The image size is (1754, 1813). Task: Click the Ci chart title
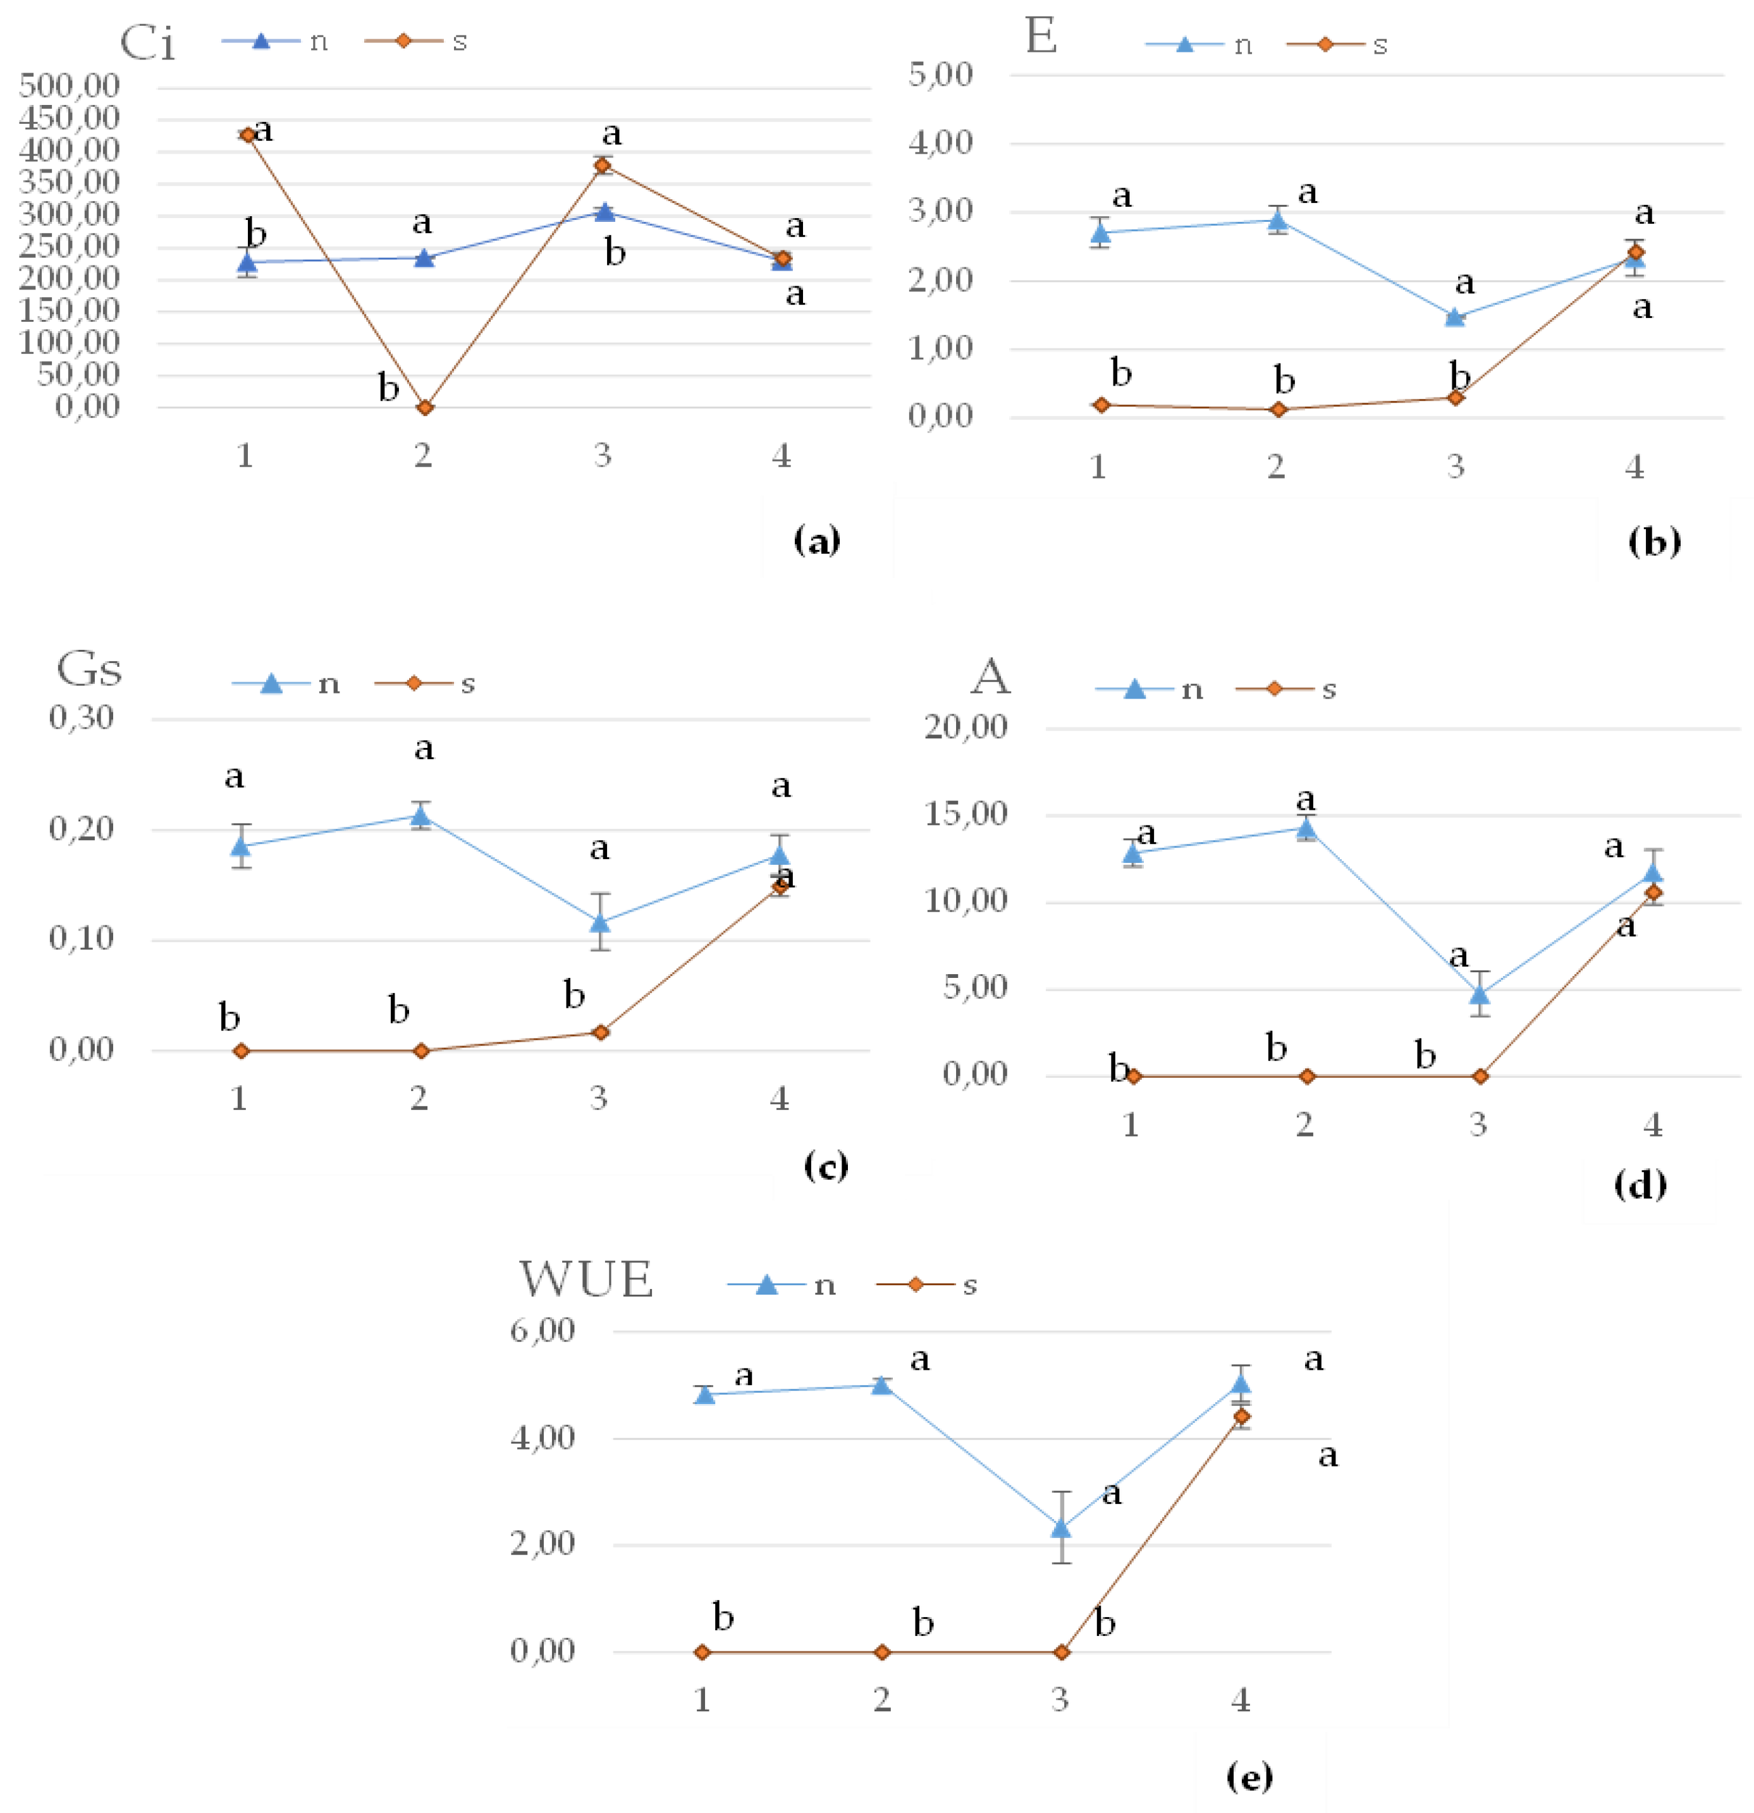(147, 42)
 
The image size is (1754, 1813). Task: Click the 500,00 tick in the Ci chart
(70, 86)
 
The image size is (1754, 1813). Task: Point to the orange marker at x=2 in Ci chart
(425, 407)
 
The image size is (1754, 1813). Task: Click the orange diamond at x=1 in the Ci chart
(247, 135)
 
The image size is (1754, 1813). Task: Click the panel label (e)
(1249, 1776)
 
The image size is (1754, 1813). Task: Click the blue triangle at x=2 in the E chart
(1278, 219)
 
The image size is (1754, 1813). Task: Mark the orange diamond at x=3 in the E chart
(1455, 398)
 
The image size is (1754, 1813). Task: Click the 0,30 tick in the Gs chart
(82, 717)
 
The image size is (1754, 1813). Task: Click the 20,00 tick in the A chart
(966, 727)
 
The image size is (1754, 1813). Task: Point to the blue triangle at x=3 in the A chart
(1479, 994)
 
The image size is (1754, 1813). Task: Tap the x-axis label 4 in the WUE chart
(1241, 1700)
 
